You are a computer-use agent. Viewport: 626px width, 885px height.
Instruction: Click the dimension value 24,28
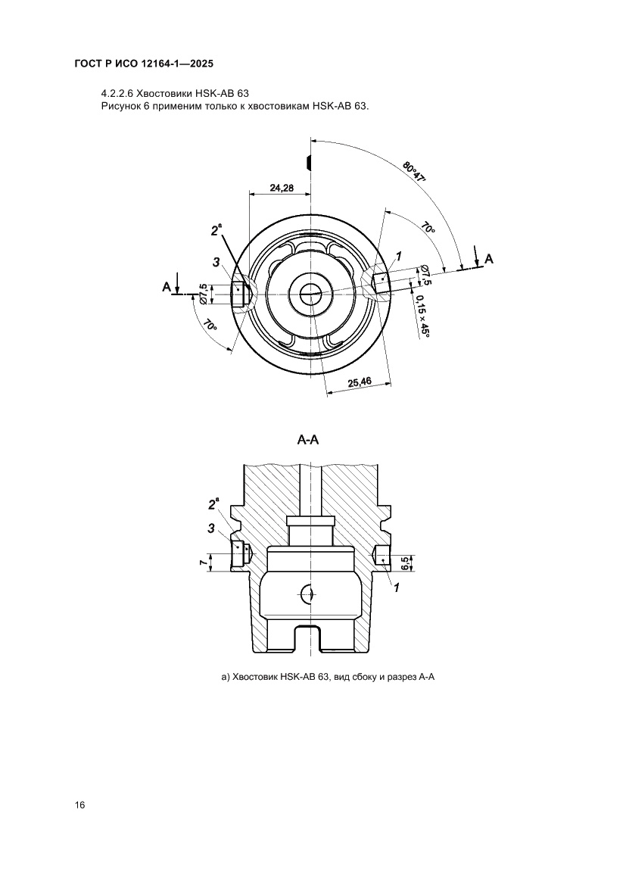coord(282,188)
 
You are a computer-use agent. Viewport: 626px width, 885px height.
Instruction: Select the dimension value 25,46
coord(360,382)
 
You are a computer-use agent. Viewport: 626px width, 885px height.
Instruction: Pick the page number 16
coord(79,805)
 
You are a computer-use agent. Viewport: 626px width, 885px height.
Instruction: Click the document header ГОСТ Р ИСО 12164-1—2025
coord(144,64)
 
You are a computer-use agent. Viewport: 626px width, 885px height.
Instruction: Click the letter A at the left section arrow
coord(167,287)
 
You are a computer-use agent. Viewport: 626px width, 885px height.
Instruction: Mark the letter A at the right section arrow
coord(489,258)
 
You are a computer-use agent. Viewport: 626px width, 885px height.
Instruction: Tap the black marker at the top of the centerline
coord(308,161)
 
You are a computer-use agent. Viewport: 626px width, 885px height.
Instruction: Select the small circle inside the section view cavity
coord(308,594)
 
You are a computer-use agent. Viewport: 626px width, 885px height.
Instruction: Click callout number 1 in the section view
coord(397,587)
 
